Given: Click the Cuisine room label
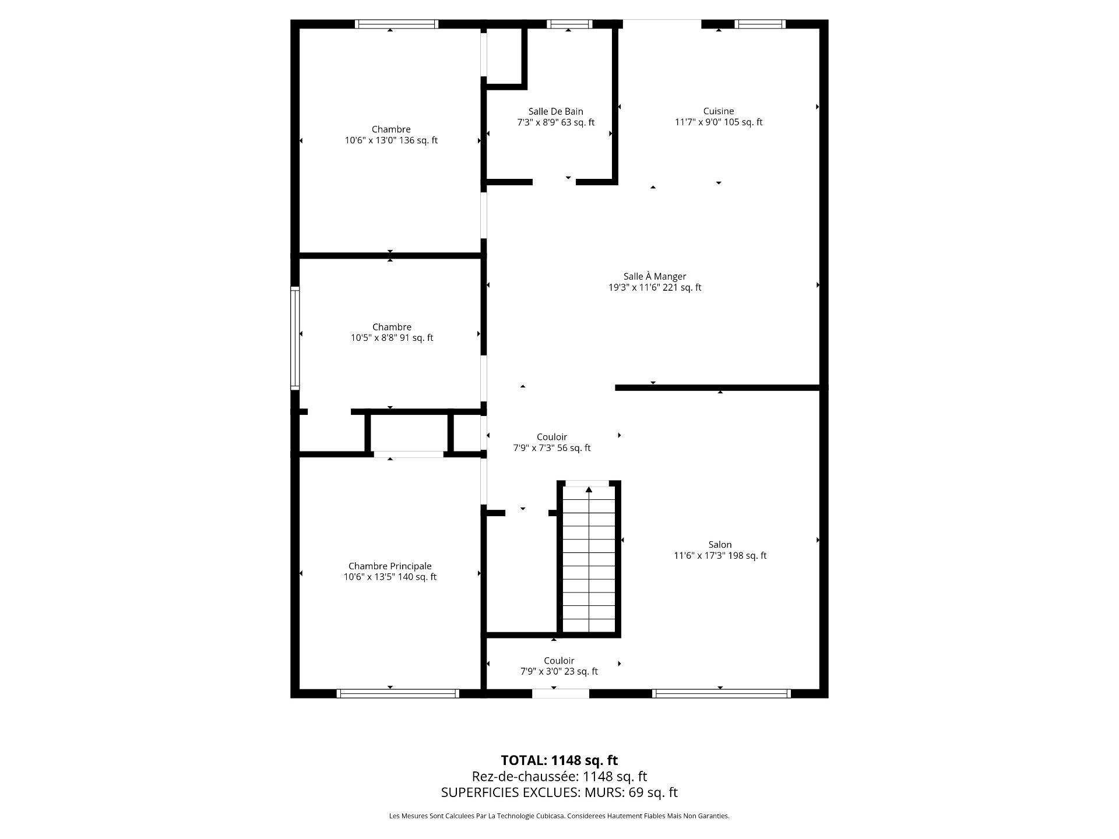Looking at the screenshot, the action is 719,111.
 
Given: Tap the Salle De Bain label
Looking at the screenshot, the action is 555,111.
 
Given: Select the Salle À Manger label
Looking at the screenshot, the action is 654,276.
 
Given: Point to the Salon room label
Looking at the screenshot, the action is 720,545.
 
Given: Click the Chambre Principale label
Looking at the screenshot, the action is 390,566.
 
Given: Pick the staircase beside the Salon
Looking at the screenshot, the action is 589,559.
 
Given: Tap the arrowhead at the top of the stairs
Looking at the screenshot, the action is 589,489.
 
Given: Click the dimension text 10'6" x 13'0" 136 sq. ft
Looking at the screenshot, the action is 391,140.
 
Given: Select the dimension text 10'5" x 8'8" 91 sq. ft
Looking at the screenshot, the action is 392,338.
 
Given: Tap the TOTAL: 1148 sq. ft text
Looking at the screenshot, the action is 559,760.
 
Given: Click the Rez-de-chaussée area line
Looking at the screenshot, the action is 559,777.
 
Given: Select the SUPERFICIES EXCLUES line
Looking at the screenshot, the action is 559,792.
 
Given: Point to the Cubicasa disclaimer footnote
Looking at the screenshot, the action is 559,816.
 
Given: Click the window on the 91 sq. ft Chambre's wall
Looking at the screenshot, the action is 295,338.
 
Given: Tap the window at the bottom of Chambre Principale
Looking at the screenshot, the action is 398,693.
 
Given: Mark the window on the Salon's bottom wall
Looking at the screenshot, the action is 721,693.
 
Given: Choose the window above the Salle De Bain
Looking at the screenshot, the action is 569,24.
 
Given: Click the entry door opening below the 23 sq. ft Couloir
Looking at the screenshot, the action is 561,693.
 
